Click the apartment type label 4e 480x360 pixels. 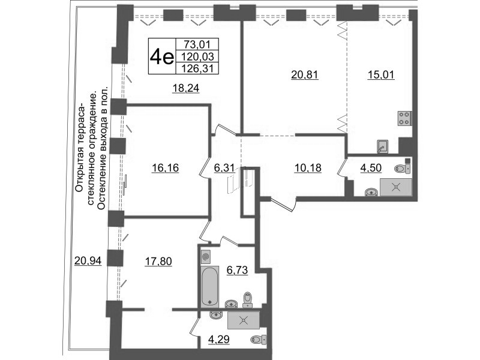click(161, 56)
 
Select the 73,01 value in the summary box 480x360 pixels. click(197, 44)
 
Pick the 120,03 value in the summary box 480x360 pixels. click(197, 56)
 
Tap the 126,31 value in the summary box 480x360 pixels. click(197, 68)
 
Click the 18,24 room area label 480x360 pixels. click(186, 88)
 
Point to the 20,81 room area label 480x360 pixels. click(305, 74)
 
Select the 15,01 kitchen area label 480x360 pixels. click(381, 74)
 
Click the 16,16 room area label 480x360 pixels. click(166, 168)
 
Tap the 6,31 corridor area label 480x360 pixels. click(224, 168)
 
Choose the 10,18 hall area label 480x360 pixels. click(308, 168)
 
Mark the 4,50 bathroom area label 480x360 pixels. click(371, 168)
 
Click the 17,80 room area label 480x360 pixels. click(158, 262)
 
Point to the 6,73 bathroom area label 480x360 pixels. click(237, 270)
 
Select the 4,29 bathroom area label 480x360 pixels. click(218, 340)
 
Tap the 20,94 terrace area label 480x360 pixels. click(88, 261)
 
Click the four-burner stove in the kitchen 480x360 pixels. click(404, 118)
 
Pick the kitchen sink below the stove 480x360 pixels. click(382, 146)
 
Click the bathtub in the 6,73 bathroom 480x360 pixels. click(209, 287)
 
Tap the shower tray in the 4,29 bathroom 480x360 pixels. click(244, 320)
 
